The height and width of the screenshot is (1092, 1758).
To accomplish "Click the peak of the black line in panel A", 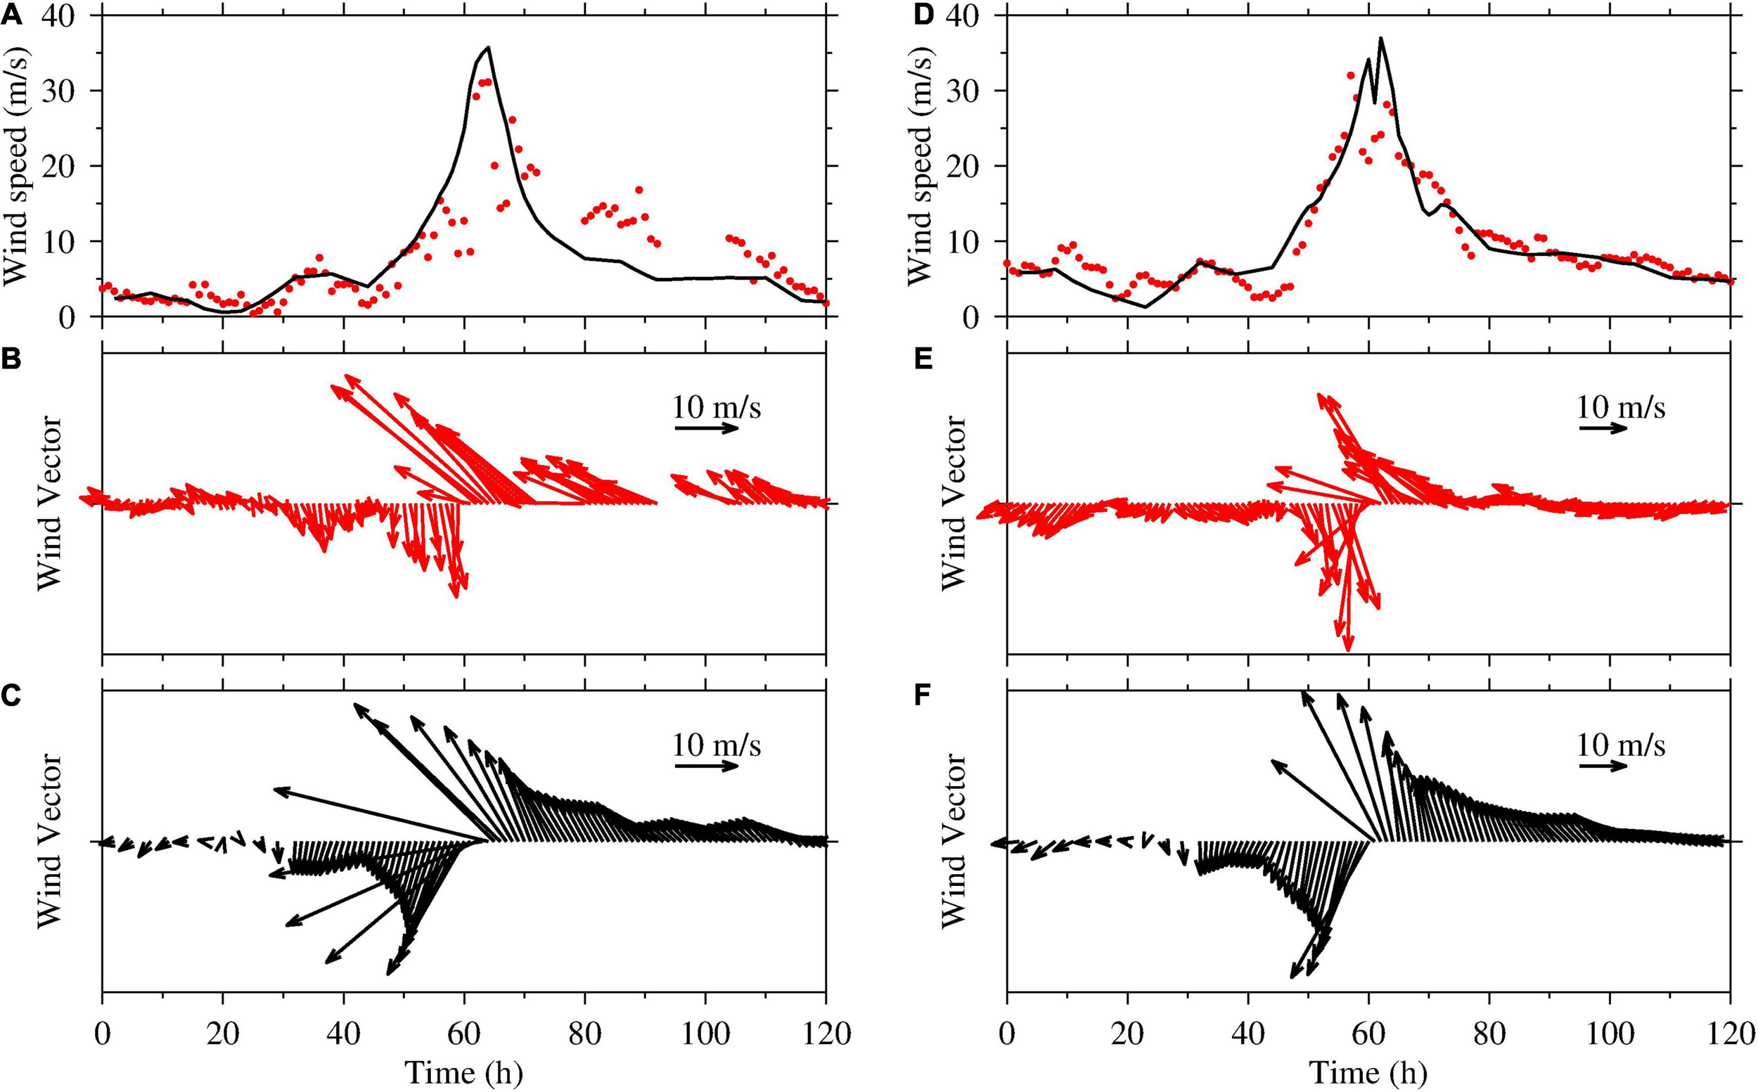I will (488, 48).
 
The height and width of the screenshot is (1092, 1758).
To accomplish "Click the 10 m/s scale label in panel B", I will (717, 407).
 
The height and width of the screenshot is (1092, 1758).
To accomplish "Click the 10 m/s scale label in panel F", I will (1621, 745).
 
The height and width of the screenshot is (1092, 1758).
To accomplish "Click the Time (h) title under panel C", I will (463, 1072).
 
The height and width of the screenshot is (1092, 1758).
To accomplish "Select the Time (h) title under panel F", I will (1367, 1072).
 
